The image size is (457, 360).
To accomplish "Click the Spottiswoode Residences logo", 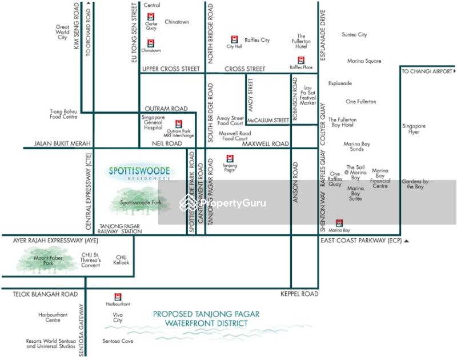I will click(x=140, y=173).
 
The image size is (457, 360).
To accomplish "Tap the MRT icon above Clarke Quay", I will click(x=151, y=17).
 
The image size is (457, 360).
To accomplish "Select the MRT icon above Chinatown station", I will click(x=151, y=43).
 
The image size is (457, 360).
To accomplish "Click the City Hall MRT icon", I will click(x=234, y=39).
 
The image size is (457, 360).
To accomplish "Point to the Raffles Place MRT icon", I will click(x=301, y=60).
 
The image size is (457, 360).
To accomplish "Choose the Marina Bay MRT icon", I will click(x=339, y=223).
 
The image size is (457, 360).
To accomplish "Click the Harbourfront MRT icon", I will click(x=118, y=297).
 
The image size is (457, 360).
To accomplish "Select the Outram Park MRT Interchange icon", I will click(x=178, y=123).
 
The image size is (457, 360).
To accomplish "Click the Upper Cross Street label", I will click(x=171, y=69).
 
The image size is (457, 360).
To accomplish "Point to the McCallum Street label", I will click(x=267, y=121).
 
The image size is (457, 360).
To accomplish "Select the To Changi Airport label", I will click(x=427, y=71).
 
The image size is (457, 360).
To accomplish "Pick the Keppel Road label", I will click(x=299, y=294).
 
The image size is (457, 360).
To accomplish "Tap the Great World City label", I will click(x=62, y=33).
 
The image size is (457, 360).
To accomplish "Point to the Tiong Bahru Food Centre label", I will click(x=63, y=114).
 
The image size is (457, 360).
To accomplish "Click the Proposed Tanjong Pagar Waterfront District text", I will click(x=206, y=319).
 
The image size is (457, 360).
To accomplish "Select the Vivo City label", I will click(x=118, y=317).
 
